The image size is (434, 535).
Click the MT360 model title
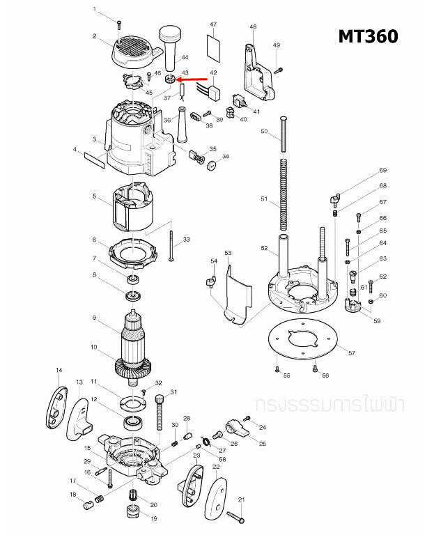(368, 36)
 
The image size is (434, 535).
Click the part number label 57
(352, 354)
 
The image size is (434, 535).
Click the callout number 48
(253, 27)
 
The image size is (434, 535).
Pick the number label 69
(382, 171)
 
